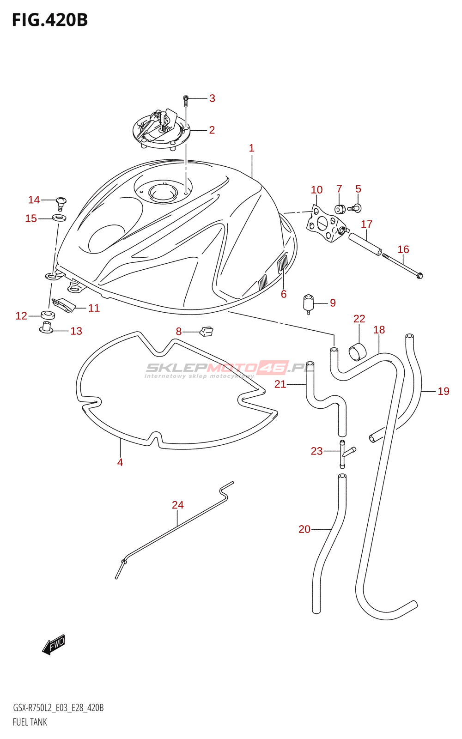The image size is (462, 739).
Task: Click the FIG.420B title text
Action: [x=49, y=20]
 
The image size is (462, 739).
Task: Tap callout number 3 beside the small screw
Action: [x=212, y=98]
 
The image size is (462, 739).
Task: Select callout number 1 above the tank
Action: [x=251, y=148]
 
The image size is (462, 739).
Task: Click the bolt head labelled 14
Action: [x=61, y=201]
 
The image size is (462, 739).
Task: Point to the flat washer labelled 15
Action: [x=59, y=218]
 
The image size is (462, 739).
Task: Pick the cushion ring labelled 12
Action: [x=48, y=315]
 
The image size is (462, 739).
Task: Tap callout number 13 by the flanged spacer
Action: [x=76, y=331]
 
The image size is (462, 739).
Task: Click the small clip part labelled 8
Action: [x=207, y=331]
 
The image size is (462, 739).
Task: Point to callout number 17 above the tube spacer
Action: [x=366, y=224]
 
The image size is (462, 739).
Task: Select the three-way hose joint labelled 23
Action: [x=343, y=453]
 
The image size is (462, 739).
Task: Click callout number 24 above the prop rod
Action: [x=178, y=505]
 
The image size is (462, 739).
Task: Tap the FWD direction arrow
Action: [x=54, y=644]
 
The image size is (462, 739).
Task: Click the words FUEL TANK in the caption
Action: [x=30, y=722]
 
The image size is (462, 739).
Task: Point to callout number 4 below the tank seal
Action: [x=120, y=463]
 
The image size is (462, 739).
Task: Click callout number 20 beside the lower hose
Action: [x=304, y=529]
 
